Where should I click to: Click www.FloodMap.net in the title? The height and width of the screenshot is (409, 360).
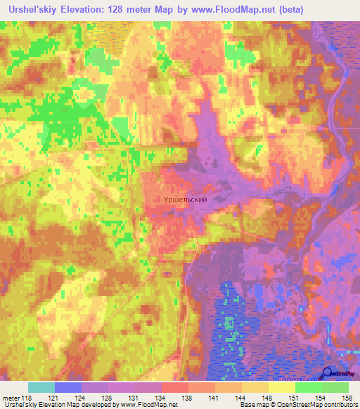pyautogui.click(x=241, y=10)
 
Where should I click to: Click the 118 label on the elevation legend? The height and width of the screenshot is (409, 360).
pyautogui.click(x=28, y=398)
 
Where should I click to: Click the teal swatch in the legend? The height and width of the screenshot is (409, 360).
pyautogui.click(x=41, y=387)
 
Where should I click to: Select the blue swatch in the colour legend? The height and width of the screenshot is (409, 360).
pyautogui.click(x=67, y=387)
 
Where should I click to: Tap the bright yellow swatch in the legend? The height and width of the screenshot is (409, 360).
pyautogui.click(x=281, y=387)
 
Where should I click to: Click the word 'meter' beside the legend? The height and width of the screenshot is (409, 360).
pyautogui.click(x=11, y=398)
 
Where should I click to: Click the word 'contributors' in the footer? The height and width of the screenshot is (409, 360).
pyautogui.click(x=342, y=405)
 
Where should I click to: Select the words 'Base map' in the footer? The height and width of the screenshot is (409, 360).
pyautogui.click(x=252, y=405)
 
